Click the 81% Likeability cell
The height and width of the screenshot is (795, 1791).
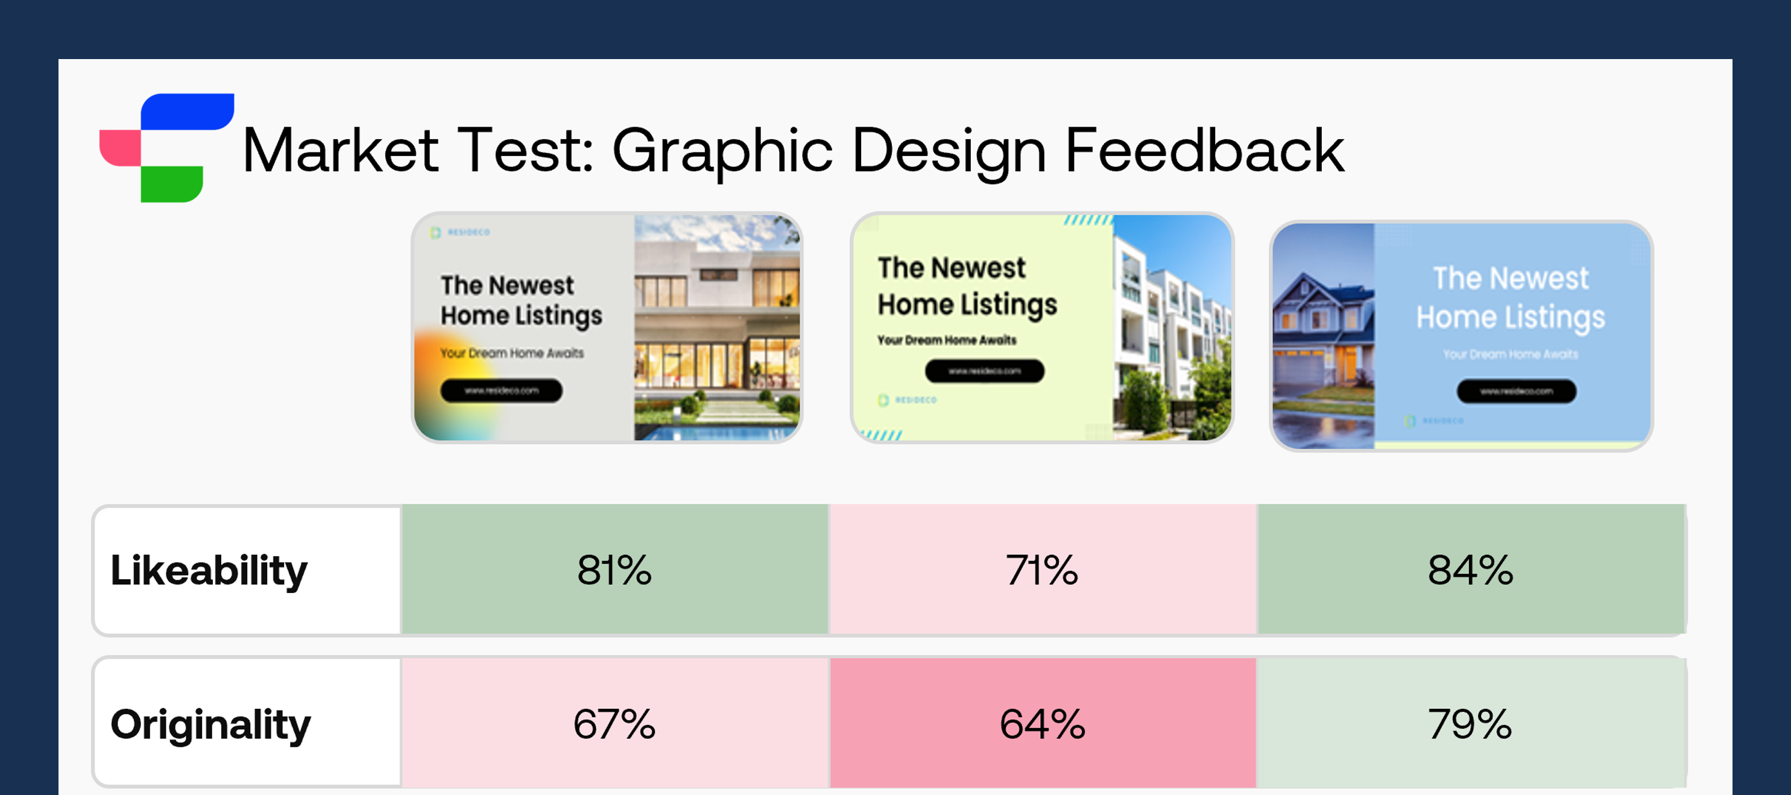pyautogui.click(x=614, y=569)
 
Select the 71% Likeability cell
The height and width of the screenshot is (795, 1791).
pyautogui.click(x=1042, y=569)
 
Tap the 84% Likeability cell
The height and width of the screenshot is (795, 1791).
pyautogui.click(x=1470, y=569)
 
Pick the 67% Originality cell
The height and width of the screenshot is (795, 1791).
pyautogui.click(x=614, y=723)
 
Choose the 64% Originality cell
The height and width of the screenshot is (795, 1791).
pyautogui.click(x=1042, y=723)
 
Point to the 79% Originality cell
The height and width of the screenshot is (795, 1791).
pyautogui.click(x=1470, y=723)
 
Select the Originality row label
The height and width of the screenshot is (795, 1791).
pyautogui.click(x=210, y=724)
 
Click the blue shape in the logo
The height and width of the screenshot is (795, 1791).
pyautogui.click(x=186, y=112)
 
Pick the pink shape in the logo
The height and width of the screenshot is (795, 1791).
pyautogui.click(x=119, y=147)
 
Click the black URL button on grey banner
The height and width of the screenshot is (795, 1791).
pyautogui.click(x=501, y=391)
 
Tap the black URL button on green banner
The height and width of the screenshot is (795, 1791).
pyautogui.click(x=984, y=371)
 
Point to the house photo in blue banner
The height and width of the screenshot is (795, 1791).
pyautogui.click(x=1323, y=336)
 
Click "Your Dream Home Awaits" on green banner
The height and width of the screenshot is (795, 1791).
pyautogui.click(x=946, y=340)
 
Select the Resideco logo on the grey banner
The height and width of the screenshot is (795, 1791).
pyautogui.click(x=461, y=232)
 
